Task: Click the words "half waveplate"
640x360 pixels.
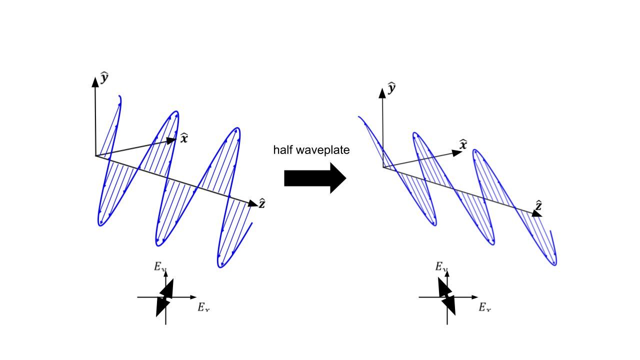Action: click(x=311, y=149)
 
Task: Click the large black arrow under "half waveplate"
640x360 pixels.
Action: click(x=315, y=178)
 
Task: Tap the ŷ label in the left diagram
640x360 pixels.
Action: click(x=104, y=77)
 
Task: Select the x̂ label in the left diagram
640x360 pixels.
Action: click(x=184, y=138)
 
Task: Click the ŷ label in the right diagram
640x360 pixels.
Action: click(x=392, y=88)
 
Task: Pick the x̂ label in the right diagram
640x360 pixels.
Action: click(x=463, y=144)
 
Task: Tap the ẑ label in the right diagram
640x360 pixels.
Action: click(x=539, y=205)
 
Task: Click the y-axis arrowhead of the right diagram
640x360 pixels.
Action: click(x=383, y=92)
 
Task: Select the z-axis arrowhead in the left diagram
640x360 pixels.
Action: click(x=251, y=203)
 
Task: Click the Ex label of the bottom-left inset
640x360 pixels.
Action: click(x=203, y=307)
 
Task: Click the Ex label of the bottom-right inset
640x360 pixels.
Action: click(x=485, y=307)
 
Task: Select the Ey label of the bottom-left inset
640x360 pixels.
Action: click(x=160, y=266)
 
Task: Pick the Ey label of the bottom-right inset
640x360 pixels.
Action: click(x=441, y=266)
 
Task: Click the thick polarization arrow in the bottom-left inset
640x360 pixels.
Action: click(x=164, y=297)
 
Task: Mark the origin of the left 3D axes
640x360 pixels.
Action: click(x=95, y=156)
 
